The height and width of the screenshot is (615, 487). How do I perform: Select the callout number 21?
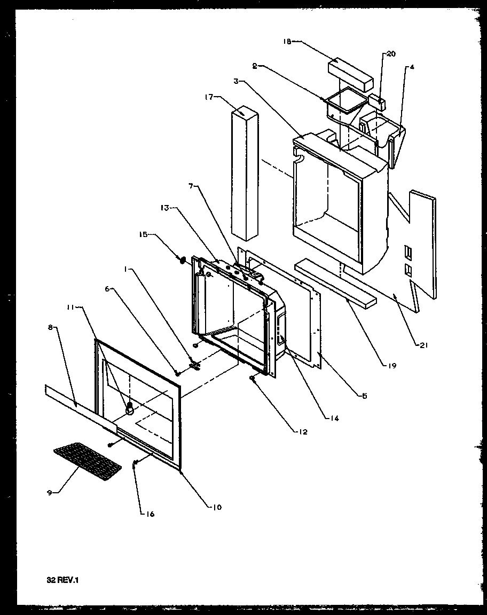[x=424, y=345]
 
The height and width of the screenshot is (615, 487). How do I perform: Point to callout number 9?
[x=50, y=492]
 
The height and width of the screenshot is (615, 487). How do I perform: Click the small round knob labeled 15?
[x=181, y=260]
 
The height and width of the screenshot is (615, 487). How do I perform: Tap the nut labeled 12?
[x=252, y=378]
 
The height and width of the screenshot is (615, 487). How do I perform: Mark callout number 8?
[x=50, y=328]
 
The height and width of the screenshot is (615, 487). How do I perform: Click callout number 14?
[x=334, y=418]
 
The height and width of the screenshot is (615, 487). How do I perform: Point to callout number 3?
[x=236, y=81]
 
